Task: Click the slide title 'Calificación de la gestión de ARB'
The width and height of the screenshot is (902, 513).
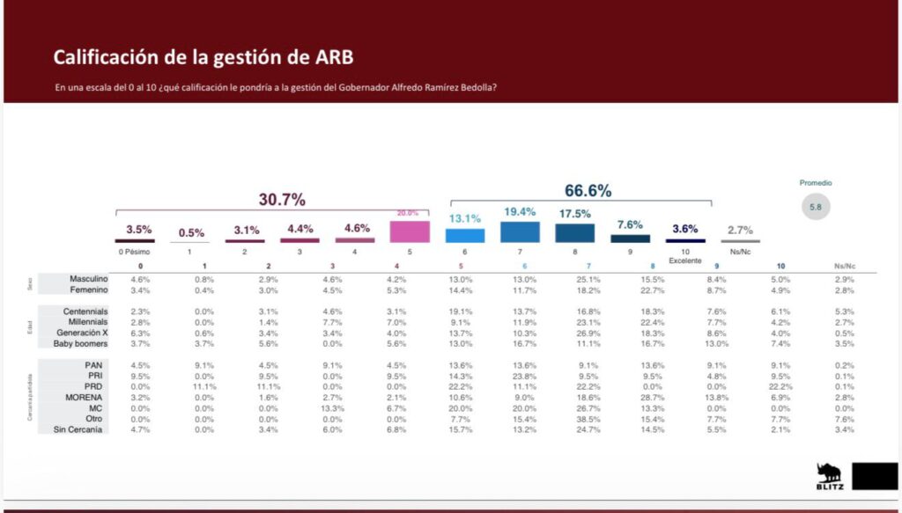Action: [204, 58]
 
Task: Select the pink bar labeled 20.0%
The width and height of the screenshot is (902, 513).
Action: [409, 231]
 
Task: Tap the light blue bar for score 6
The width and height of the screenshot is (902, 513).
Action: [464, 236]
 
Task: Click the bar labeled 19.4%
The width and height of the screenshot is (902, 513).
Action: [519, 231]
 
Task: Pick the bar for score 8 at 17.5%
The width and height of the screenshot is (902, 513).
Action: [573, 232]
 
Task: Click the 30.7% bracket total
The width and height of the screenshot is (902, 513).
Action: [282, 200]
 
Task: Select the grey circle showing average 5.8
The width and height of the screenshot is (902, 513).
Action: [815, 209]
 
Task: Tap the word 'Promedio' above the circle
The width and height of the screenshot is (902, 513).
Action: [815, 183]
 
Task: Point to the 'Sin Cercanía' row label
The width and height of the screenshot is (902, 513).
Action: [81, 429]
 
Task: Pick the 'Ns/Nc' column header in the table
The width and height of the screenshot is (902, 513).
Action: [844, 266]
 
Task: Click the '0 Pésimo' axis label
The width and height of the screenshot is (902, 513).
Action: [140, 252]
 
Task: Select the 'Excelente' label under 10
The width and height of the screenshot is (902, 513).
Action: [684, 260]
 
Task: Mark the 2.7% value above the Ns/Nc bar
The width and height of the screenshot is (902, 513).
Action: [740, 231]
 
